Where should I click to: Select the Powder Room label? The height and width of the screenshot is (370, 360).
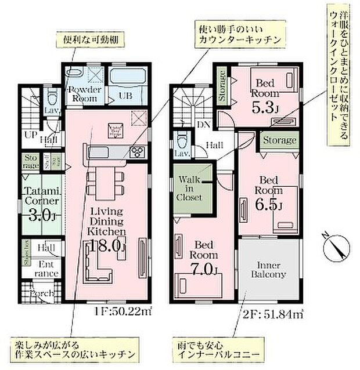pyautogui.click(x=86, y=93)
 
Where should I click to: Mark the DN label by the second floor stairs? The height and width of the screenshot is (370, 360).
pyautogui.click(x=203, y=124)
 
